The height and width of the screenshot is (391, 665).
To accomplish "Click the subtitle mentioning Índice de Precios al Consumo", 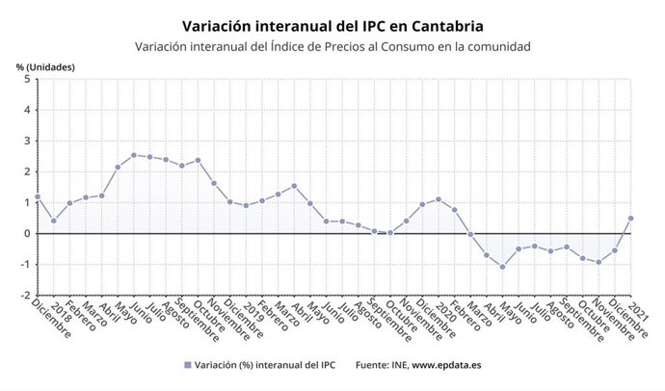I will pyautogui.click(x=332, y=46).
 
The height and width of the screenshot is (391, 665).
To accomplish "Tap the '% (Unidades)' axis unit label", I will pyautogui.click(x=45, y=66).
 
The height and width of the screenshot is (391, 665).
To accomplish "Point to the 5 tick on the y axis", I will pyautogui.click(x=26, y=79).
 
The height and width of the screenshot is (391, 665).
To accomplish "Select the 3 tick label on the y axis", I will pyautogui.click(x=26, y=141).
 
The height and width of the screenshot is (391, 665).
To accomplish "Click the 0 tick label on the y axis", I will pyautogui.click(x=26, y=233).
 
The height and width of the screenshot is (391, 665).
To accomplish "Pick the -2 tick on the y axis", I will pyautogui.click(x=24, y=295).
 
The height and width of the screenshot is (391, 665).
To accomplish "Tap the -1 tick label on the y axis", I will pyautogui.click(x=24, y=264).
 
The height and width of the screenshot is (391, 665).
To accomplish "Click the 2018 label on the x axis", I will pyautogui.click(x=63, y=309).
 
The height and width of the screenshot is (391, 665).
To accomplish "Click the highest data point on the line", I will pyautogui.click(x=134, y=155).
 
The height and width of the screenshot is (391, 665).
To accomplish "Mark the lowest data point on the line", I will pyautogui.click(x=502, y=267).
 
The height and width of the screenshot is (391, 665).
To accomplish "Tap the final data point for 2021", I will pyautogui.click(x=630, y=218).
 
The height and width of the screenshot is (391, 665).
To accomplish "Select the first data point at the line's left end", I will pyautogui.click(x=38, y=196).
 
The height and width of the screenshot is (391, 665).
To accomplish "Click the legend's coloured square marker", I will pyautogui.click(x=186, y=366).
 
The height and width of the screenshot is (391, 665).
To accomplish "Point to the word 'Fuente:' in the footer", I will pyautogui.click(x=373, y=366).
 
